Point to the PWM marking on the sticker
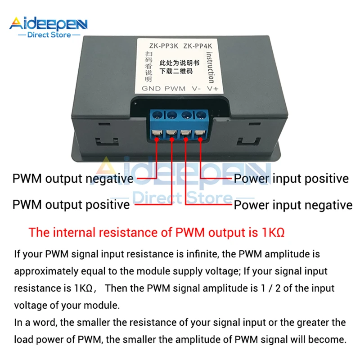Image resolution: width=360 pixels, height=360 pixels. click(175, 89)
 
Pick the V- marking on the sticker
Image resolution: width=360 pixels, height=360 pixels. click(195, 89)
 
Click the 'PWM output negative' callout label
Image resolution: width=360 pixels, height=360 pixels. click(73, 179)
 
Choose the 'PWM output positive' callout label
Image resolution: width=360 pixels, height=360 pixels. click(71, 205)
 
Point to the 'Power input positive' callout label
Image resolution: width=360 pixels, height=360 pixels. click(291, 179)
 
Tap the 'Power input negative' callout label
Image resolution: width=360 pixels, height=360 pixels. click(292, 205)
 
